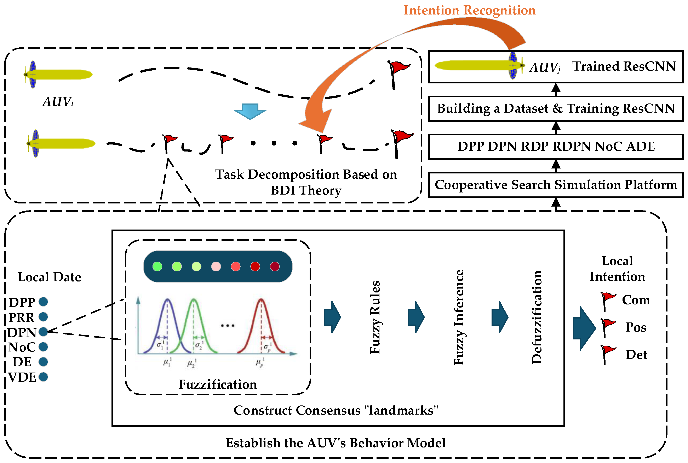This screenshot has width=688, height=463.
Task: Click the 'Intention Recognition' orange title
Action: pos(470,10)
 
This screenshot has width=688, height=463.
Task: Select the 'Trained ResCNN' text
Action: pos(624,66)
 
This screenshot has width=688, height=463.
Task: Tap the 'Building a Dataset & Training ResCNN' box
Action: pos(556,108)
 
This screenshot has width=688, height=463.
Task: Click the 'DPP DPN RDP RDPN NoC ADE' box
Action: pos(556,147)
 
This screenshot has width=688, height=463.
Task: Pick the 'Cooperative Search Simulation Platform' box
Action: pos(556,185)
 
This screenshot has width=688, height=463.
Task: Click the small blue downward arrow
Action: pos(250,111)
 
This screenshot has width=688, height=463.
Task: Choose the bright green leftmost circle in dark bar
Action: pos(157,267)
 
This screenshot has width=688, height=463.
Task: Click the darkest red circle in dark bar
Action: pos(275,267)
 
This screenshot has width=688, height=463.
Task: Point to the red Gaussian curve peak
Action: pos(261,300)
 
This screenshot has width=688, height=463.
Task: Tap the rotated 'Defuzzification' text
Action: pos(537,317)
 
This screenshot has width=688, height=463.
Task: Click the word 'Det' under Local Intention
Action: pos(636,355)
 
